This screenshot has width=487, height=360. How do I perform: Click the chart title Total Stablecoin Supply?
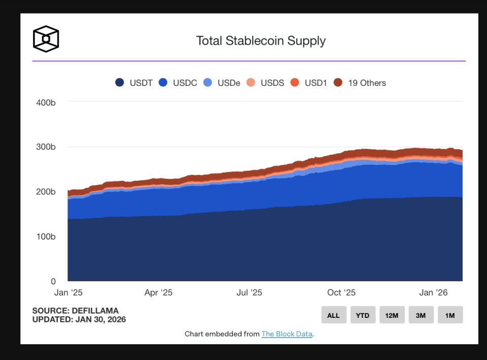pyautogui.click(x=261, y=41)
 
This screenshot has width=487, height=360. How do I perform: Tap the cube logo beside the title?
pyautogui.click(x=46, y=39)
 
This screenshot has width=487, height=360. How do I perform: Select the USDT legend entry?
pyautogui.click(x=134, y=83)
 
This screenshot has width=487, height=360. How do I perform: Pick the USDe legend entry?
pyautogui.click(x=222, y=83)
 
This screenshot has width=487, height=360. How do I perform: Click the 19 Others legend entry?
pyautogui.click(x=360, y=83)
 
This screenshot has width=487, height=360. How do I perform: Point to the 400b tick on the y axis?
pyautogui.click(x=46, y=103)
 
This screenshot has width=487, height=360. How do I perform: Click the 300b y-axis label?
pyautogui.click(x=46, y=147)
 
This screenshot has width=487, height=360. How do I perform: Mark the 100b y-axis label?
pyautogui.click(x=46, y=237)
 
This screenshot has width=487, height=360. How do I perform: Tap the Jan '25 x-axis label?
pyautogui.click(x=68, y=293)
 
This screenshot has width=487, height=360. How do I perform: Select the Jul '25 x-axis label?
pyautogui.click(x=249, y=293)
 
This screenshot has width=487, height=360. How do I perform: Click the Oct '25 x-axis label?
pyautogui.click(x=341, y=293)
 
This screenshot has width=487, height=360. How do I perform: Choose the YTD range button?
pyautogui.click(x=363, y=315)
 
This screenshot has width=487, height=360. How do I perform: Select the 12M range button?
pyautogui.click(x=392, y=315)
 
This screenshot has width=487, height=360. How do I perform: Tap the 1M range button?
pyautogui.click(x=450, y=315)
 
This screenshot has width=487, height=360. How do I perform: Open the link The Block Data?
pyautogui.click(x=287, y=334)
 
